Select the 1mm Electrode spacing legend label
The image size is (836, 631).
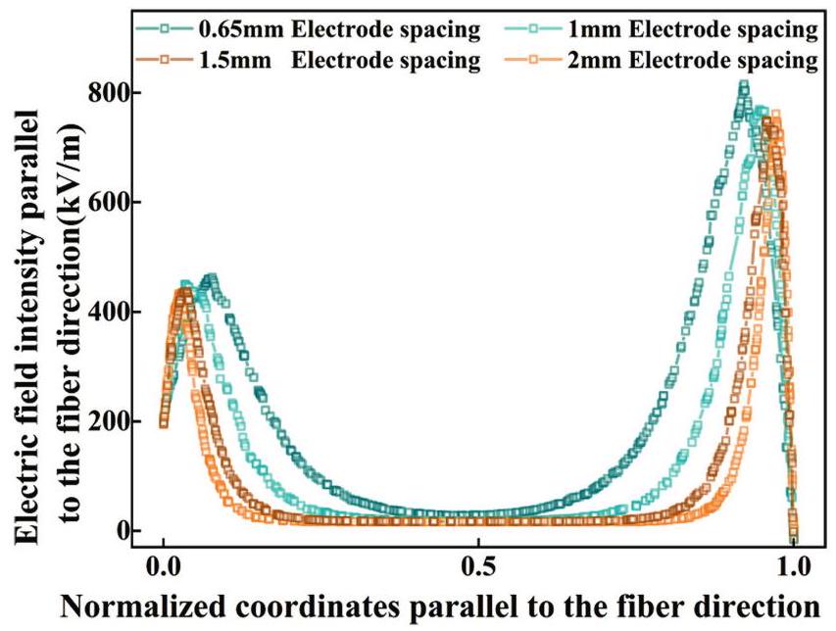(692, 29)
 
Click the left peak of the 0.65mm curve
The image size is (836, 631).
(209, 279)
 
